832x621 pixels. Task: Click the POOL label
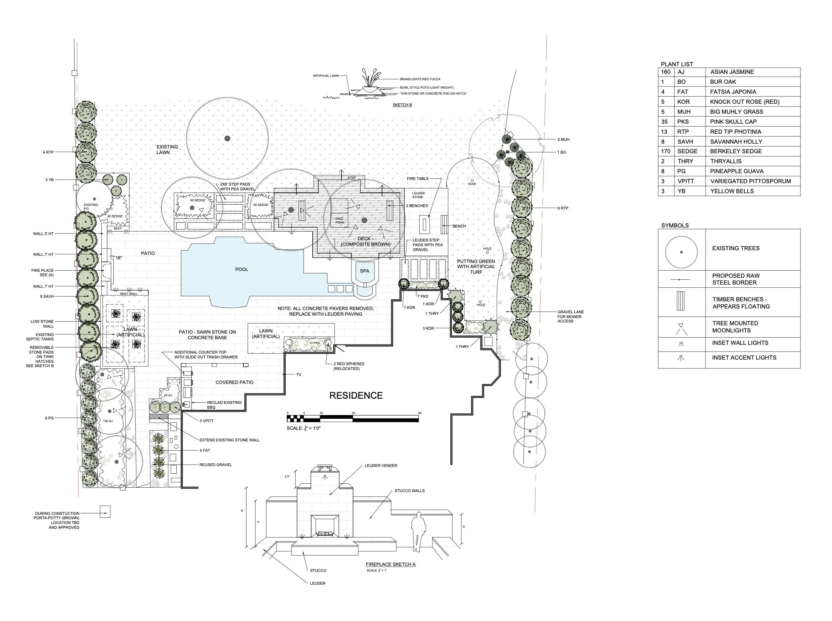[241, 269]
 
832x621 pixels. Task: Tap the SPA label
[365, 271]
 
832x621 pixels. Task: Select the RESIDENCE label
[356, 396]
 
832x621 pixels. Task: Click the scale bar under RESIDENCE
[353, 419]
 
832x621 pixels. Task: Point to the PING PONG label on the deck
[339, 220]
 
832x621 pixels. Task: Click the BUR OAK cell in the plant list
[723, 82]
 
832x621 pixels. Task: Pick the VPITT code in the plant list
[685, 181]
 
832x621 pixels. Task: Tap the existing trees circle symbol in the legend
[681, 252]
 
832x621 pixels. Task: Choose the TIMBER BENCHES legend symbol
[681, 301]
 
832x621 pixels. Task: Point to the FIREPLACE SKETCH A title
[390, 564]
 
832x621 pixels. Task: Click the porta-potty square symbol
[104, 512]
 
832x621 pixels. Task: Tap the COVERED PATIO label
[234, 382]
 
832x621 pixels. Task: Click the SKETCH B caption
[402, 105]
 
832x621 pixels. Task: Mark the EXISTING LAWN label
[167, 149]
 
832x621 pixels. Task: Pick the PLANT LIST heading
[677, 64]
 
